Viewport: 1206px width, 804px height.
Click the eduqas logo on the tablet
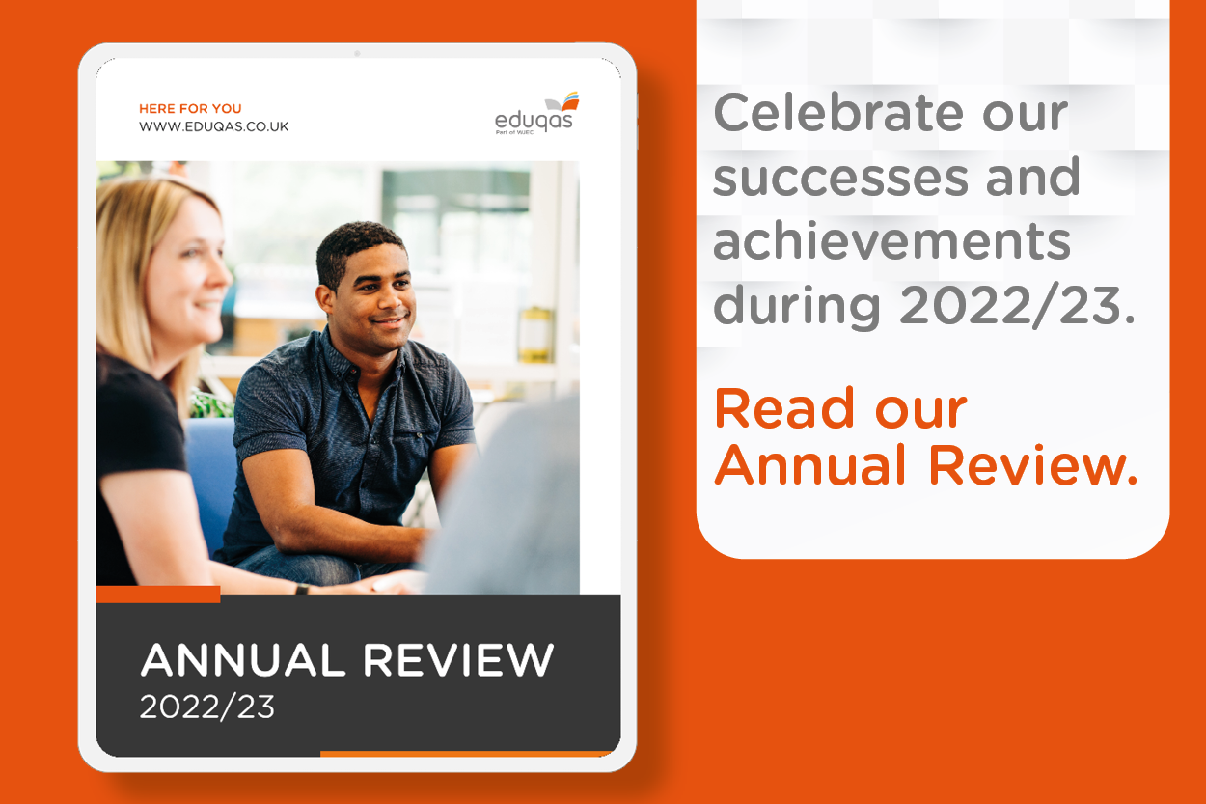536,113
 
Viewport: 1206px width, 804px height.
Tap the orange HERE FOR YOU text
190,108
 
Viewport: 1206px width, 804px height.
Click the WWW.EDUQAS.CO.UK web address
214,126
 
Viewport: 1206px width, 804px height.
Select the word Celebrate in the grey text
838,113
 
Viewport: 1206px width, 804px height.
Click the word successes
841,180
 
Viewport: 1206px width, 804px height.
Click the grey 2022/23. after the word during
1017,305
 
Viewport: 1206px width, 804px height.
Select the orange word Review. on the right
1032,465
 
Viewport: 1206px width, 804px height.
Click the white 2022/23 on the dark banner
207,707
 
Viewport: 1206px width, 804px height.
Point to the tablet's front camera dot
357,53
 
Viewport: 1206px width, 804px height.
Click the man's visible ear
324,300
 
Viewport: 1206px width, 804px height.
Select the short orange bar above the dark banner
158,594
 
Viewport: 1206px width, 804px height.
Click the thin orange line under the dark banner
466,754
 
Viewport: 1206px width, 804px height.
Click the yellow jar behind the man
535,334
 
